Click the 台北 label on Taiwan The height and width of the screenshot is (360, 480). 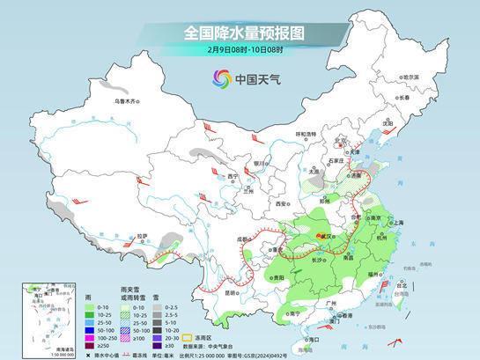pyautogui.click(x=404, y=285)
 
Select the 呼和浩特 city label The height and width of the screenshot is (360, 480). pyautogui.click(x=305, y=134)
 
